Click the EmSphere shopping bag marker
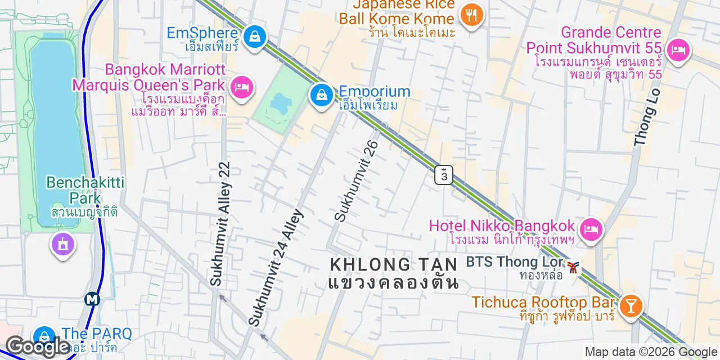255,37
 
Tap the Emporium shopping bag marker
321,95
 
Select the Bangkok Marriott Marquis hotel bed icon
242,87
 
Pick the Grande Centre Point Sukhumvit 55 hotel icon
678,51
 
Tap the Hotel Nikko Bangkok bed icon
590,229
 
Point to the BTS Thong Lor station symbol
573,267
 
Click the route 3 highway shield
444,175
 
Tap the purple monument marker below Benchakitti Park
62,244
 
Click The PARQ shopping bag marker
43,336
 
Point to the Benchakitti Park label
85,190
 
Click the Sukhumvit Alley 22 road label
220,224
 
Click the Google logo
37,347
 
